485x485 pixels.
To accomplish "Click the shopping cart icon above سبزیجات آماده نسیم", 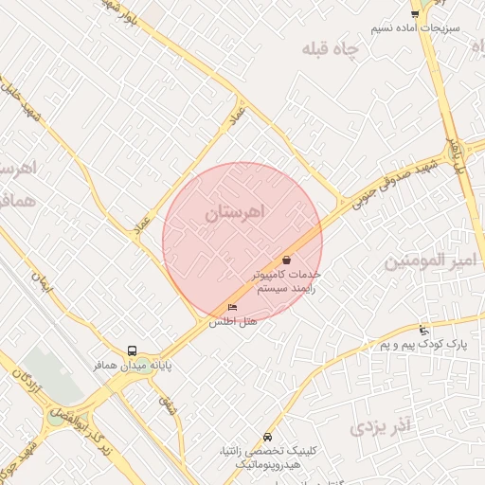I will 415,13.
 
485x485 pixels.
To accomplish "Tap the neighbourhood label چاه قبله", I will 332,48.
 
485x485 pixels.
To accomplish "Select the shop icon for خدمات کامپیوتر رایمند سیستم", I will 286,259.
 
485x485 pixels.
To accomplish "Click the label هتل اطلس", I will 233,321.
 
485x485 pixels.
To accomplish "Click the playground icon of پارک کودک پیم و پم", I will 422,331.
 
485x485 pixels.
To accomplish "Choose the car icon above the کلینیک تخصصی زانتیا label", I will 268,437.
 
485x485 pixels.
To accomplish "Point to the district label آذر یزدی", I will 383,427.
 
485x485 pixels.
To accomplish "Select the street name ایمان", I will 41,279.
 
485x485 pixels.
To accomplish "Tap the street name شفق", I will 167,406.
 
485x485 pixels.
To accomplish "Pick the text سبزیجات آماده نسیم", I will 415,28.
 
